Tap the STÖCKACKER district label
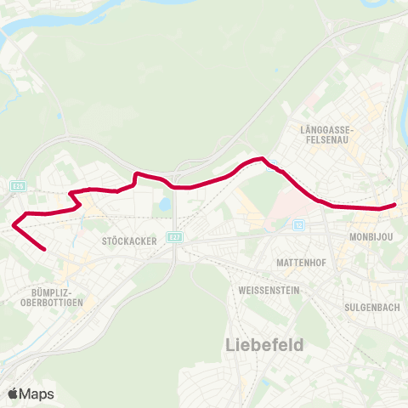click(x=129, y=241)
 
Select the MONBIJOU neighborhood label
click(x=371, y=238)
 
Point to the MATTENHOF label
click(x=297, y=263)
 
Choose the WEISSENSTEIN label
click(x=266, y=290)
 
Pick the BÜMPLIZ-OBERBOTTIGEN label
click(x=45, y=297)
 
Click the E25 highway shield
click(x=19, y=185)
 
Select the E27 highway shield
click(x=173, y=237)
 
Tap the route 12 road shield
click(x=298, y=224)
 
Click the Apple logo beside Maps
click(x=14, y=394)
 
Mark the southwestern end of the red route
click(x=44, y=250)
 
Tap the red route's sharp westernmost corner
click(x=14, y=225)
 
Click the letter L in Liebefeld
click(x=231, y=344)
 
